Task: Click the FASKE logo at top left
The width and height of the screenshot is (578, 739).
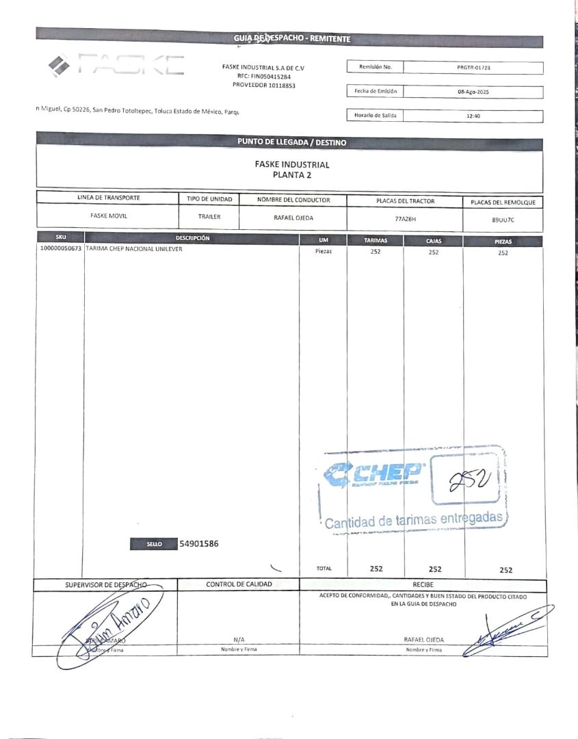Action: [x=116, y=65]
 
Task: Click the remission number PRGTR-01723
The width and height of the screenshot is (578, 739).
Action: [x=473, y=68]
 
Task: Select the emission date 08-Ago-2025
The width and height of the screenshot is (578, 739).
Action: [x=473, y=92]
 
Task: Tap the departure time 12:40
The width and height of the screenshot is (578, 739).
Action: [x=473, y=116]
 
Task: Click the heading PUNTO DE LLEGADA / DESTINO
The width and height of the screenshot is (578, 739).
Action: [x=291, y=142]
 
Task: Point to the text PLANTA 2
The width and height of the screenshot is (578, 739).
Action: [x=291, y=174]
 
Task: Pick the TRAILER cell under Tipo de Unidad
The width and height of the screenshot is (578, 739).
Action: [x=209, y=216]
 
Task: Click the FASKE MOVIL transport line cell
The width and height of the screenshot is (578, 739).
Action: [x=109, y=215]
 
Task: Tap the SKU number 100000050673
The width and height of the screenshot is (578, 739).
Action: [x=60, y=249]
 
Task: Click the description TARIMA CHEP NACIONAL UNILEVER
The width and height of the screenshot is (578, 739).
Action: [x=134, y=249]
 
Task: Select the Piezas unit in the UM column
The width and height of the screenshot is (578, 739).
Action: [x=323, y=251]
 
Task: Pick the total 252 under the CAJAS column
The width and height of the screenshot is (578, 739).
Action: [x=434, y=569]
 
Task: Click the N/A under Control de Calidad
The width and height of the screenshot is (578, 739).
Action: [x=239, y=639]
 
